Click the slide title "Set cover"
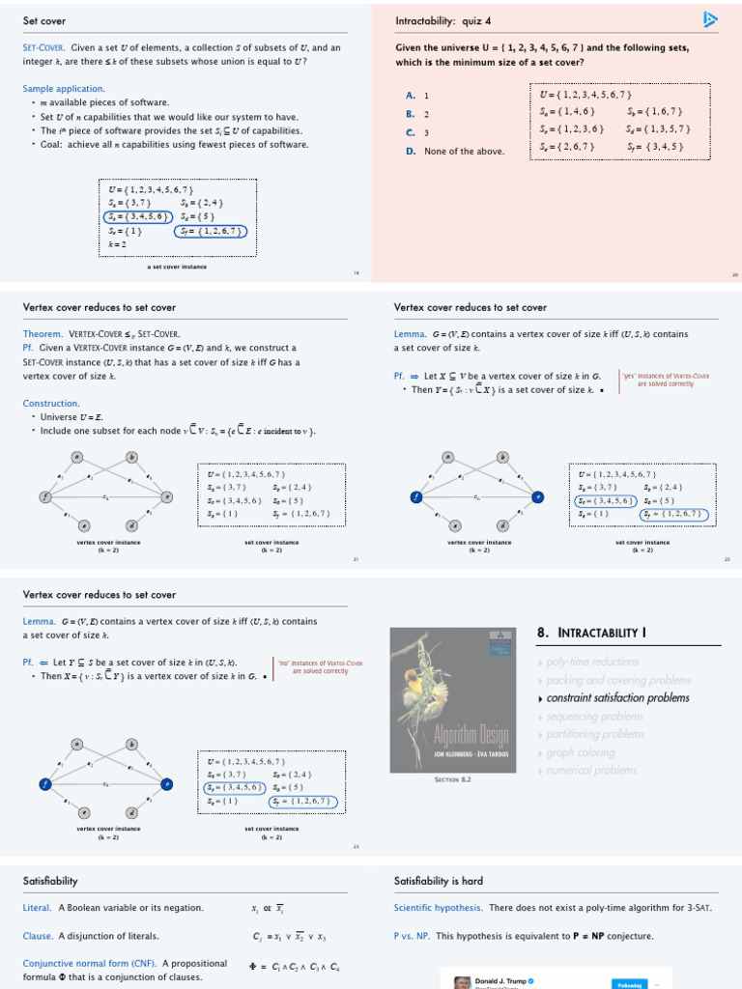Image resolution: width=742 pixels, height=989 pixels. tap(44, 21)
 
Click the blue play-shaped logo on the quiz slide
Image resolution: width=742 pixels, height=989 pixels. tap(710, 19)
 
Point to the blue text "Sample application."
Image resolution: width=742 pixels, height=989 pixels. tap(64, 89)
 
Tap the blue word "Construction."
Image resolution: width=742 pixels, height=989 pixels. tap(51, 403)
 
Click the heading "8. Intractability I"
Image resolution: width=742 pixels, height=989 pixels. tap(591, 634)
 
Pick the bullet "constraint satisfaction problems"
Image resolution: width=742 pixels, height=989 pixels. tap(617, 697)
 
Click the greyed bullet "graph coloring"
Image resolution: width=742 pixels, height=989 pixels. tap(580, 752)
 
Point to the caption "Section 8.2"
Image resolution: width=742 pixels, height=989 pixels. tap(452, 778)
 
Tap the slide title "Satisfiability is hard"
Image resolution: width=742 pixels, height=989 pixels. tap(439, 881)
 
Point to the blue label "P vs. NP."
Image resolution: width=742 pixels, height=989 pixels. tap(413, 936)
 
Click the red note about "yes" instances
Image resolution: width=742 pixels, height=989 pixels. tap(667, 380)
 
